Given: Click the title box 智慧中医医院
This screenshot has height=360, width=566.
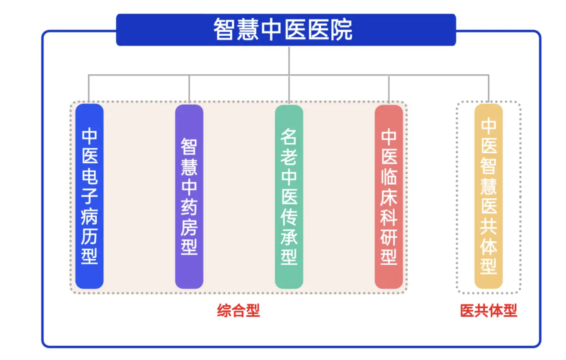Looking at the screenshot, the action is point(286,30).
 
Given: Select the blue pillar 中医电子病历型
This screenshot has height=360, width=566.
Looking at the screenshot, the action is point(90,196).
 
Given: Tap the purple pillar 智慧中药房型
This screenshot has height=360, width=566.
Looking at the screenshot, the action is point(189,197).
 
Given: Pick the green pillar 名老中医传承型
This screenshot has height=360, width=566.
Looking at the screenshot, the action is point(289,197).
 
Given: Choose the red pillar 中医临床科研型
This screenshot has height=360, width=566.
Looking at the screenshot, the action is point(389,197).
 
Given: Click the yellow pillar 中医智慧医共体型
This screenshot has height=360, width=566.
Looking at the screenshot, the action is point(488,196).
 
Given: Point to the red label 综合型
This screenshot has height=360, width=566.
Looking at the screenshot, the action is point(238,310).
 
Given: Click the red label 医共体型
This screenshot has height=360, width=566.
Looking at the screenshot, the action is point(488,310).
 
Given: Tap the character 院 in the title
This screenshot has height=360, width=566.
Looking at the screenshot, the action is point(341,30).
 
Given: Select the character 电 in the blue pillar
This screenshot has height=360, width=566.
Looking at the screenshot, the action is point(90,176).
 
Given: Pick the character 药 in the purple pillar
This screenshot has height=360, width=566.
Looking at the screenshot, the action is point(189,207).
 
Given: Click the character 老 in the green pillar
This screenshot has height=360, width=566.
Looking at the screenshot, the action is point(289,157).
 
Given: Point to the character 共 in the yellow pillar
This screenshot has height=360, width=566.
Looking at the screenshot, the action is point(488,226).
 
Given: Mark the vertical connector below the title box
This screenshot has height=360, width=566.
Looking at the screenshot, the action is point(289,60).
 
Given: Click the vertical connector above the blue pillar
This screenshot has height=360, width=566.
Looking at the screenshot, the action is point(89,89).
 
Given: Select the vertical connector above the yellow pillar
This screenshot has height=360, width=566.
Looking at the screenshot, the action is point(488,88).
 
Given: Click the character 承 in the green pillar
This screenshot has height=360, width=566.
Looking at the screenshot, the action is point(289,237).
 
